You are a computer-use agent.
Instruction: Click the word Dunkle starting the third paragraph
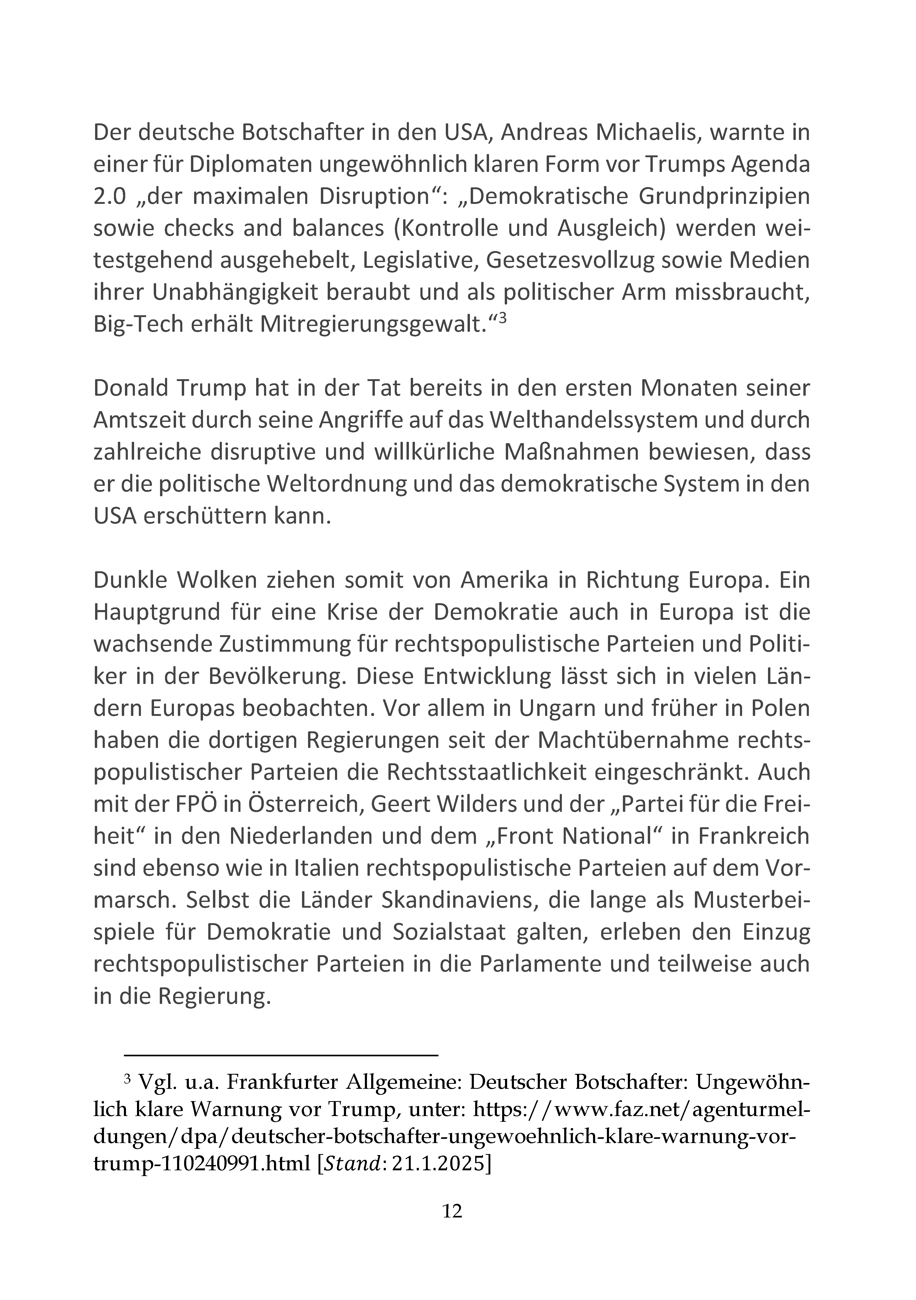[130, 581]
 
